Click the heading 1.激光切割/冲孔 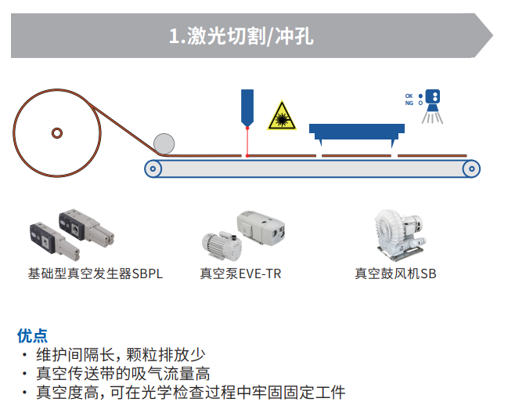pos(241,36)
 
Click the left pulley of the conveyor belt pos(153,168)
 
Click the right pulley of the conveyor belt pos(470,168)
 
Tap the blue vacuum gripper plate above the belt pos(357,130)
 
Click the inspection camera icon pos(432,100)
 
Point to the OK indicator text pos(409,96)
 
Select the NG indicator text pos(409,103)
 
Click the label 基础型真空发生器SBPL pos(95,274)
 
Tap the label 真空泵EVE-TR pos(240,274)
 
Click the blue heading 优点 pos(32,335)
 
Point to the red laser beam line pos(247,141)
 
